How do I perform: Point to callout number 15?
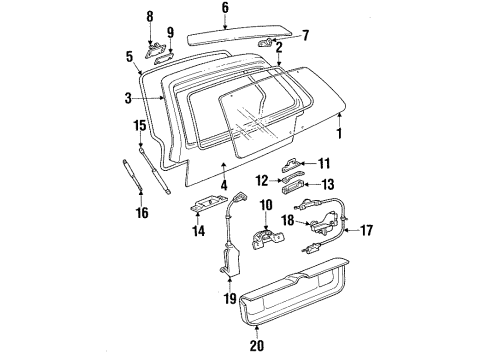tap(141, 125)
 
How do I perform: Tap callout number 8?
tap(151, 16)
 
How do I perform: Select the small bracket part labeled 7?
tap(267, 42)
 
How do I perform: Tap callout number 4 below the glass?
tap(223, 185)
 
